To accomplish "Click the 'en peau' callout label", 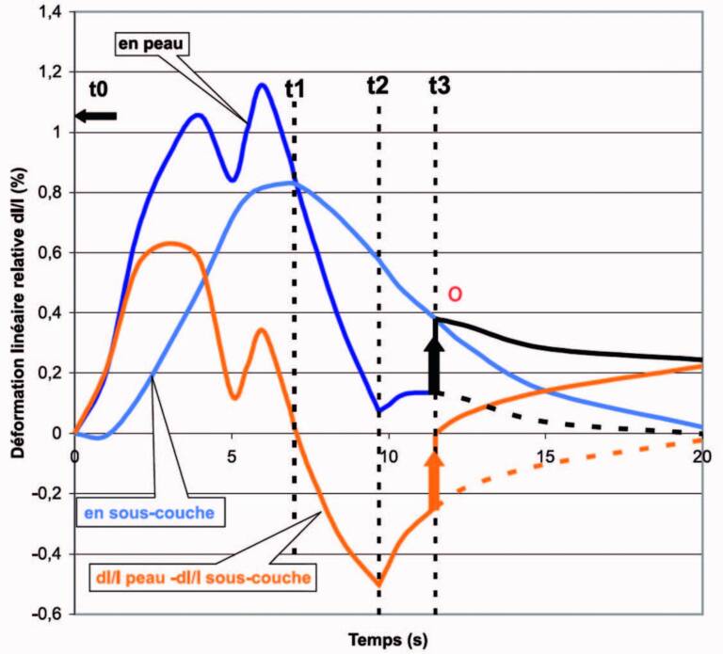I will tap(153, 42).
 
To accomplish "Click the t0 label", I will tap(98, 89).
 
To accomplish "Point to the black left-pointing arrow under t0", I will tap(96, 116).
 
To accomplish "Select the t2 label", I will tap(378, 86).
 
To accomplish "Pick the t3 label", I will tap(439, 86).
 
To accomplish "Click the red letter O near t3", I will tap(455, 295).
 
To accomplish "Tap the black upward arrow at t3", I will tap(434, 366).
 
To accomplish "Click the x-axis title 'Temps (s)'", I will tap(388, 640).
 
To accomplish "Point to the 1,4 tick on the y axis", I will tap(48, 12).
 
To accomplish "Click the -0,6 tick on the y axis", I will tap(45, 614).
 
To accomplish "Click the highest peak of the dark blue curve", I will tap(261, 85).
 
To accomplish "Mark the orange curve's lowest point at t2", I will tap(378, 585).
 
